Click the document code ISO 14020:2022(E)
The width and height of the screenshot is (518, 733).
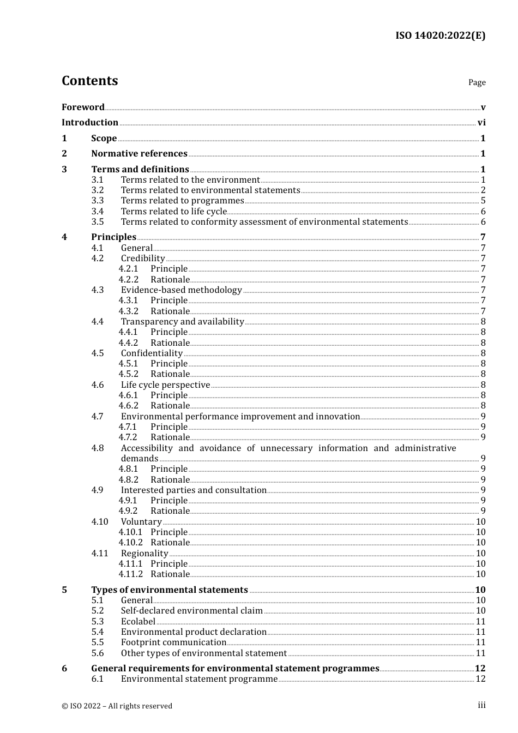pyautogui.click(x=440, y=36)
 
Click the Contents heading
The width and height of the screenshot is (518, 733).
pyautogui.click(x=89, y=81)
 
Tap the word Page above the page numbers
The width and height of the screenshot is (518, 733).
pyautogui.click(x=477, y=82)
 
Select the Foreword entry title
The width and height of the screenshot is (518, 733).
pyautogui.click(x=83, y=107)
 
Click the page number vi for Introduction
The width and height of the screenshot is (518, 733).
pyautogui.click(x=481, y=123)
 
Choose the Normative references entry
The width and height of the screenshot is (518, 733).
pyautogui.click(x=139, y=154)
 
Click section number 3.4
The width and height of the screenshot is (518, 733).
pyautogui.click(x=98, y=212)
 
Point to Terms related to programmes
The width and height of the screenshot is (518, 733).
pyautogui.click(x=182, y=201)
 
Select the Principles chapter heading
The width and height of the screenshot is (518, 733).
pyautogui.click(x=113, y=237)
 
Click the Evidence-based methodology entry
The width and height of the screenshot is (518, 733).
pyautogui.click(x=181, y=290)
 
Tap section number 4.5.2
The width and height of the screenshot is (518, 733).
pyautogui.click(x=129, y=374)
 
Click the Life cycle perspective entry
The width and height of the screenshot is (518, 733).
pyautogui.click(x=165, y=385)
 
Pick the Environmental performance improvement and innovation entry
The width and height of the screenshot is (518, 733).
pyautogui.click(x=240, y=417)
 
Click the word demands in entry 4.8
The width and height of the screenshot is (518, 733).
pyautogui.click(x=140, y=459)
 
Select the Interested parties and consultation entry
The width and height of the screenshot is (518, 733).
pyautogui.click(x=194, y=490)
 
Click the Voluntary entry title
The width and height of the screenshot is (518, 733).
pyautogui.click(x=141, y=522)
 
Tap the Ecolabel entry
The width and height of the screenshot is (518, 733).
pyautogui.click(x=138, y=622)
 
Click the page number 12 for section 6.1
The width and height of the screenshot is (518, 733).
pyautogui.click(x=480, y=679)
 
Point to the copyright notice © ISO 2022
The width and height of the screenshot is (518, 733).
pyautogui.click(x=117, y=706)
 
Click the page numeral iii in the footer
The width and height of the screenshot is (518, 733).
pyautogui.click(x=481, y=705)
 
